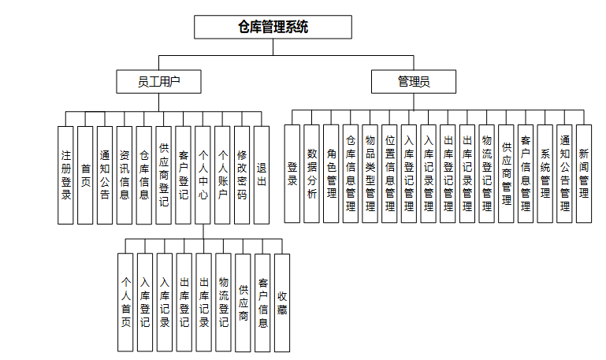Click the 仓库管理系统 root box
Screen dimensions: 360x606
273,27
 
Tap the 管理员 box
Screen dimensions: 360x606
413,81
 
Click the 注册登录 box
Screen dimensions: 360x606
66,175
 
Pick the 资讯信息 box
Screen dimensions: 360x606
125,175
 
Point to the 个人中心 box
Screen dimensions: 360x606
203,175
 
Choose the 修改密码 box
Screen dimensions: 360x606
242,175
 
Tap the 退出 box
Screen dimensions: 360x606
262,175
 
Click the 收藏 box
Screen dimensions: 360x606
281,302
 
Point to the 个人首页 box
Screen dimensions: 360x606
125,302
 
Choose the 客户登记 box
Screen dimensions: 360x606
183,175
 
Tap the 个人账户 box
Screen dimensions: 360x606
222,175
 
